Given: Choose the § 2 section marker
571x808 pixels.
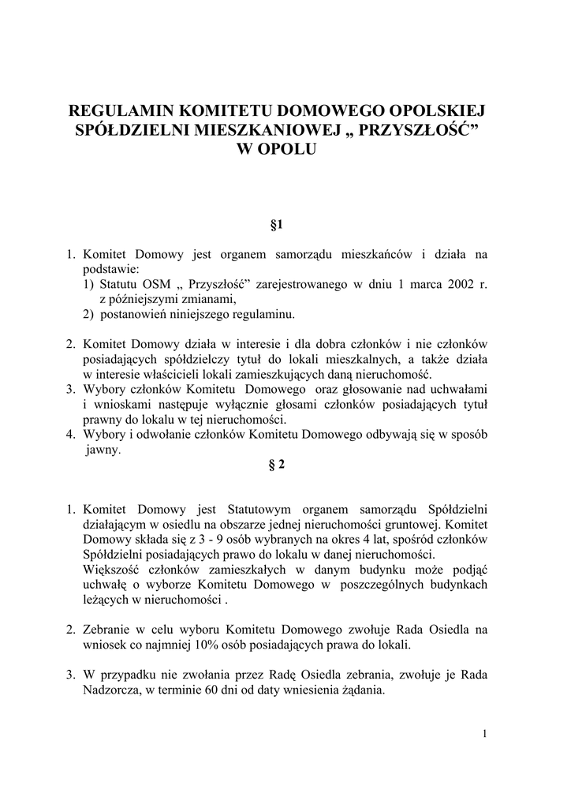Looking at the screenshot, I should tap(276, 465).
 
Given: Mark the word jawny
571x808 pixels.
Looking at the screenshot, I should tap(102, 450).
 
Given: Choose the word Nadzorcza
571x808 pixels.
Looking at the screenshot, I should tap(111, 690).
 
